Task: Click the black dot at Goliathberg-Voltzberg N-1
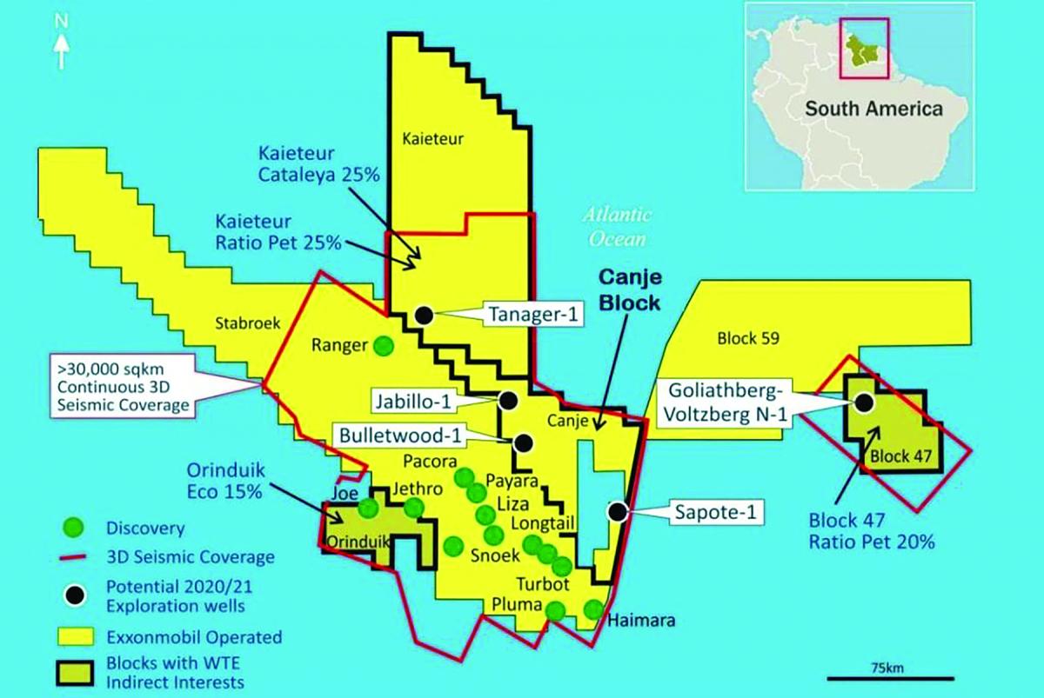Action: point(864,402)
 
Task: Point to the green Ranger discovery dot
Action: point(382,346)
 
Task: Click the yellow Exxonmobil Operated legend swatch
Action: point(77,637)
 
